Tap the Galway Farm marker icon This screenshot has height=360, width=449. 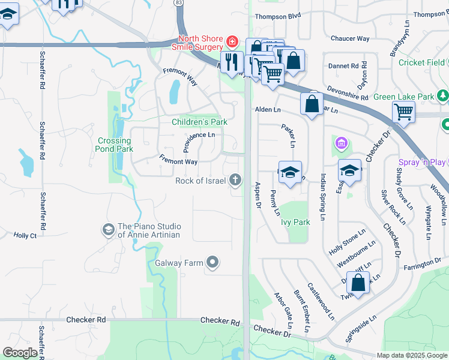pyautogui.click(x=212, y=262)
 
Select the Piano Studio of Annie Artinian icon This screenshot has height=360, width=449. pyautogui.click(x=108, y=229)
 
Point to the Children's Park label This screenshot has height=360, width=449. pyautogui.click(x=199, y=122)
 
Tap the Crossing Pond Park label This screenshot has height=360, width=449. pyautogui.click(x=114, y=145)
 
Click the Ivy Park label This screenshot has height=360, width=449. pyautogui.click(x=295, y=222)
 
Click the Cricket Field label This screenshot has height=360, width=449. pyautogui.click(x=421, y=62)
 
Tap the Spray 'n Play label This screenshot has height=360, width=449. pyautogui.click(x=422, y=162)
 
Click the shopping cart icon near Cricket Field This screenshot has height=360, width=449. pyautogui.click(x=403, y=112)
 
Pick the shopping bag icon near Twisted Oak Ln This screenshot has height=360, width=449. pyautogui.click(x=358, y=283)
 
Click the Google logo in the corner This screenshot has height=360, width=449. pyautogui.click(x=20, y=353)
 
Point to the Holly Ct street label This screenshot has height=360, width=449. pyautogui.click(x=25, y=236)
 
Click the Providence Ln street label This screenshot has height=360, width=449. pyautogui.click(x=199, y=136)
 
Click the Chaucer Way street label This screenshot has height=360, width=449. pyautogui.click(x=350, y=38)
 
